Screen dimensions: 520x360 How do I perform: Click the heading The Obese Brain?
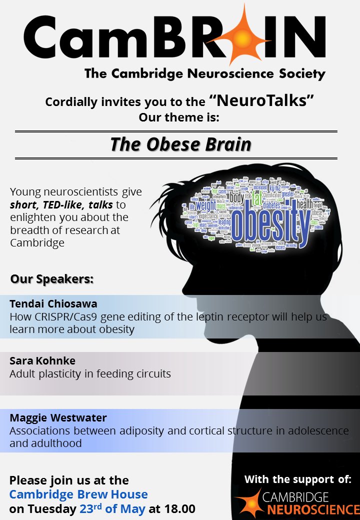pyautogui.click(x=180, y=144)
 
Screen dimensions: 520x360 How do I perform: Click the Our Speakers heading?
pyautogui.click(x=52, y=278)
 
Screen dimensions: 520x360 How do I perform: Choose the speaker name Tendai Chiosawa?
pyautogui.click(x=53, y=304)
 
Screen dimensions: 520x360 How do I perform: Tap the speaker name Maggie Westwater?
pyautogui.click(x=58, y=417)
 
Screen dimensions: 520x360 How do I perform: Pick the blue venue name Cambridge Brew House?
pyautogui.click(x=78, y=494)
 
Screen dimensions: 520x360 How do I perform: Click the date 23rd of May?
pyautogui.click(x=112, y=509)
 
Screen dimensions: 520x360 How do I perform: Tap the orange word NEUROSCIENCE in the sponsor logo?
pyautogui.click(x=313, y=509)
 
